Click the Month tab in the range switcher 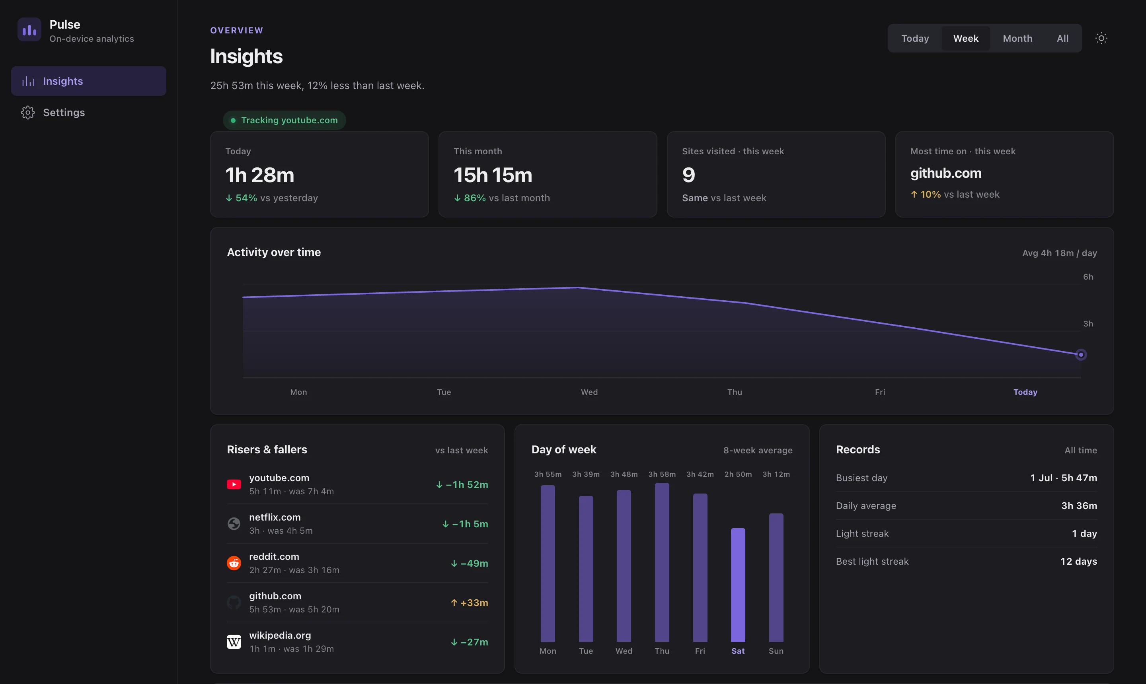pyautogui.click(x=1017, y=38)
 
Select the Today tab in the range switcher pyautogui.click(x=915, y=38)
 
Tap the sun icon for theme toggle pyautogui.click(x=1101, y=38)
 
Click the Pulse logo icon pyautogui.click(x=29, y=30)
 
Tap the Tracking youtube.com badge pyautogui.click(x=284, y=120)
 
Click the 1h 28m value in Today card pyautogui.click(x=259, y=175)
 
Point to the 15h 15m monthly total pyautogui.click(x=493, y=175)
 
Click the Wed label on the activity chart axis pyautogui.click(x=589, y=392)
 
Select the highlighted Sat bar pyautogui.click(x=738, y=585)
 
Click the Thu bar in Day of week pyautogui.click(x=662, y=562)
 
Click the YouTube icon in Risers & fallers pyautogui.click(x=234, y=484)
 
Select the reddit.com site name pyautogui.click(x=274, y=557)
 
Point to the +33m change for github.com pyautogui.click(x=469, y=603)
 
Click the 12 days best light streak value pyautogui.click(x=1078, y=562)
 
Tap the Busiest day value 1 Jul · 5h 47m pyautogui.click(x=1064, y=478)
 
